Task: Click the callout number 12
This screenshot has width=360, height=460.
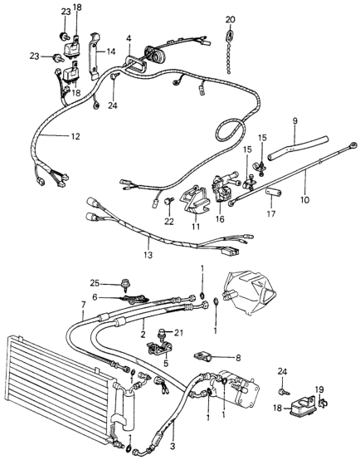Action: [x=51, y=135]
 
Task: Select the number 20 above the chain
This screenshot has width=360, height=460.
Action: [x=230, y=18]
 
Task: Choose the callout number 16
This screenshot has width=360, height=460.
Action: [x=220, y=222]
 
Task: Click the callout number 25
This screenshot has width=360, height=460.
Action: [x=117, y=283]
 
